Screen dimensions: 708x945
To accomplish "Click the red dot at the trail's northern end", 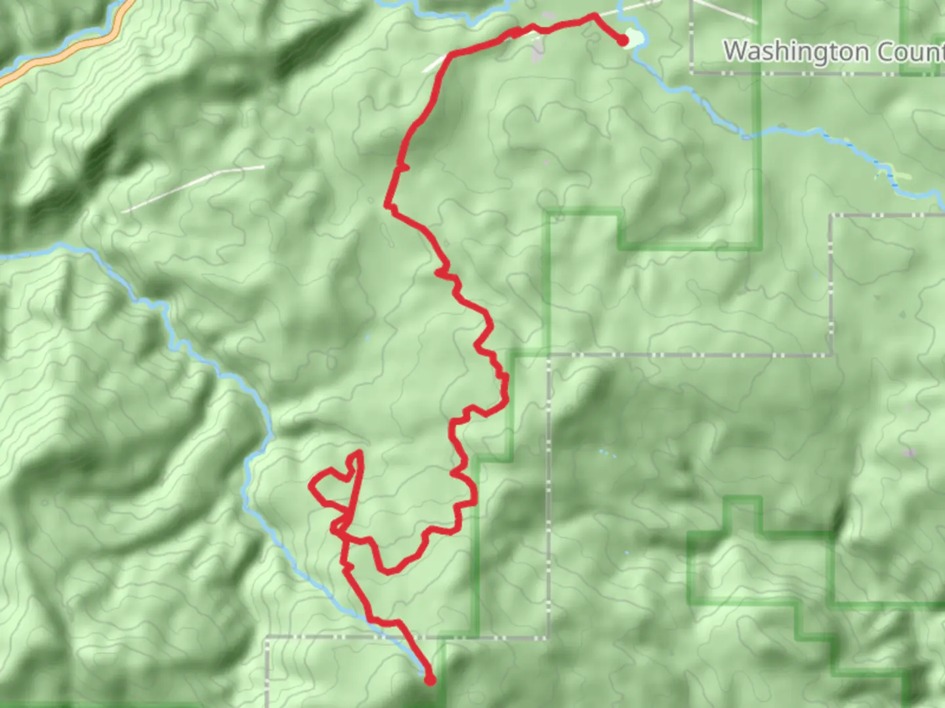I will [x=622, y=41].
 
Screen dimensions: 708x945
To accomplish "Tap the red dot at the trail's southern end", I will [x=430, y=680].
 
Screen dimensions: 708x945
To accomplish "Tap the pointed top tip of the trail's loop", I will [x=359, y=452].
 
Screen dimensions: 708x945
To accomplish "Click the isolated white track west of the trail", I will [x=194, y=189].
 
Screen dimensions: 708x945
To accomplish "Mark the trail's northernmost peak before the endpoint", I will [x=595, y=15].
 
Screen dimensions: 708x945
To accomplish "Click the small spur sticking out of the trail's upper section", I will [x=405, y=168].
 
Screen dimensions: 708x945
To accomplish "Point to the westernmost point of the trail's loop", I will [x=312, y=486].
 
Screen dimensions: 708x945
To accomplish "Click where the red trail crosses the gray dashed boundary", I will [x=406, y=637].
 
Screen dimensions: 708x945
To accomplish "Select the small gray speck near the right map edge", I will [x=909, y=453].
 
